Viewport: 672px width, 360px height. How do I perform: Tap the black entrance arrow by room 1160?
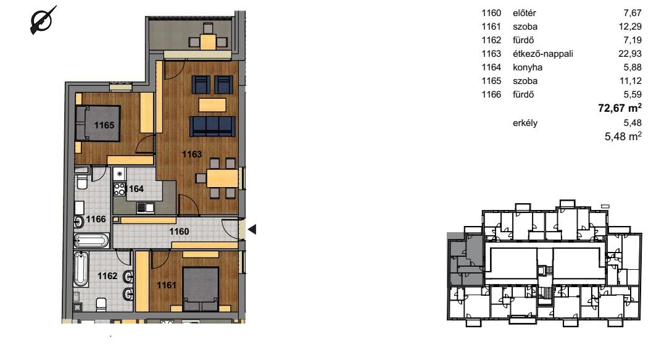[252, 230]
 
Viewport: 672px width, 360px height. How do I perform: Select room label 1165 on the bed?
[104, 125]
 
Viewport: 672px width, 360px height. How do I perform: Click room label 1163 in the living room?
[191, 154]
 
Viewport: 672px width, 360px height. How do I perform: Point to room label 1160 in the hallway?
[179, 232]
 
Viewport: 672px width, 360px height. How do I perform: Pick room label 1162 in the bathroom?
[107, 276]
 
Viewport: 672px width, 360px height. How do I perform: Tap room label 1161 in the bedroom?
[166, 285]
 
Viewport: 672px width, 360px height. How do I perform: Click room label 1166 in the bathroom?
[96, 219]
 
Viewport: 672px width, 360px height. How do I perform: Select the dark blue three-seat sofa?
[212, 126]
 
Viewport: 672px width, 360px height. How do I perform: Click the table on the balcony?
[209, 41]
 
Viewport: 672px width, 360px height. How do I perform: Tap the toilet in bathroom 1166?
[81, 182]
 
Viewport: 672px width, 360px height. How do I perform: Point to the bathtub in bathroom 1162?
[81, 269]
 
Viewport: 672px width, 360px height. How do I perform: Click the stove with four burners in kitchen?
[120, 189]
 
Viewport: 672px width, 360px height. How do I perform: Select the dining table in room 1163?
[222, 178]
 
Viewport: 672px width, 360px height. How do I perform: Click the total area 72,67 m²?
[620, 107]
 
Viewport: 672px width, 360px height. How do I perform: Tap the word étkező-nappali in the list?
[542, 54]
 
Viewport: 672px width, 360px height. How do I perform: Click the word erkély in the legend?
[525, 123]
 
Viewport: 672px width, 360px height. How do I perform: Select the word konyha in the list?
[528, 67]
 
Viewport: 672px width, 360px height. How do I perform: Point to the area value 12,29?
[630, 27]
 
